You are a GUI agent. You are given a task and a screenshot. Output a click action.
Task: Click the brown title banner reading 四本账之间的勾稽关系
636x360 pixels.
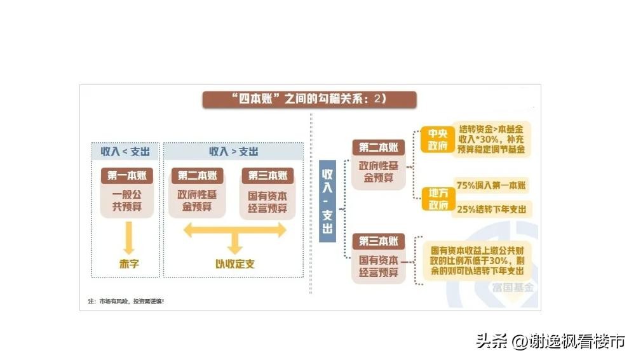(309, 99)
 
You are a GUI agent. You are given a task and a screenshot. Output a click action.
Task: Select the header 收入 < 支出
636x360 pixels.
(125, 152)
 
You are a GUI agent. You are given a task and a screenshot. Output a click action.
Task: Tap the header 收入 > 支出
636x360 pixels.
(234, 152)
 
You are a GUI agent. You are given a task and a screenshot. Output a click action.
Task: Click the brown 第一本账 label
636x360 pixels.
(127, 175)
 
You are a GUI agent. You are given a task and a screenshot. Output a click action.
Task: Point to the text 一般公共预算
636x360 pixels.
(127, 201)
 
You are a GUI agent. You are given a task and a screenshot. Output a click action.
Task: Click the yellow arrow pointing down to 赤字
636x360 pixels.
(129, 237)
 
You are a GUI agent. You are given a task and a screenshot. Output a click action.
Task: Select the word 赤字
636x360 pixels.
(130, 264)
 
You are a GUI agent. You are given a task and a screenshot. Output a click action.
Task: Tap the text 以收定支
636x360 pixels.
(235, 264)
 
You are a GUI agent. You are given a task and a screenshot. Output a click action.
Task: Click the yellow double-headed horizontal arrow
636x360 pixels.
(235, 230)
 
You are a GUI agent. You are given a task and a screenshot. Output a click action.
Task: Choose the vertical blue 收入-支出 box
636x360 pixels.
(327, 201)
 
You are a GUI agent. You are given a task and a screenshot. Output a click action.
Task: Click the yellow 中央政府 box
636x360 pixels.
(437, 139)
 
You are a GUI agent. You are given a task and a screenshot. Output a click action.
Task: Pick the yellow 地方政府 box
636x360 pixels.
(438, 199)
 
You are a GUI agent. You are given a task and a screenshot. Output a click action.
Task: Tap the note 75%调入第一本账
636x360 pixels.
(491, 185)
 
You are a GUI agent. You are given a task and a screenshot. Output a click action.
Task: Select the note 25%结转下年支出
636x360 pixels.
(492, 209)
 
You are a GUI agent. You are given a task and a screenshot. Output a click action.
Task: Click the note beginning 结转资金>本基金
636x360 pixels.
(491, 139)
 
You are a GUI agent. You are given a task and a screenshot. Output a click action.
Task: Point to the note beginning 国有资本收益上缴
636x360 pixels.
(477, 261)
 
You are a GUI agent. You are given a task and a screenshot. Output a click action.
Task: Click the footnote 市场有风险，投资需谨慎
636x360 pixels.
(126, 301)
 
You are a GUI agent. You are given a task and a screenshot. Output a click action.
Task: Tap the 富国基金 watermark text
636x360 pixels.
(513, 288)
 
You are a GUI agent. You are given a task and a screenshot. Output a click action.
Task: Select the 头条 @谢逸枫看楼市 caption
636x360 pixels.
(551, 342)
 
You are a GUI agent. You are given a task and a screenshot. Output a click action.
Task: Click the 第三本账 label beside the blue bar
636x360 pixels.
(379, 241)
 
